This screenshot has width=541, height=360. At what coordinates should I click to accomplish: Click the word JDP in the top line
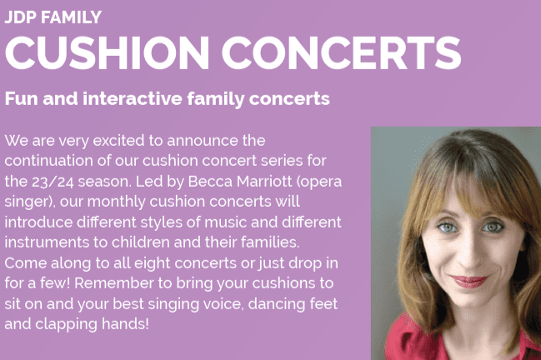20,17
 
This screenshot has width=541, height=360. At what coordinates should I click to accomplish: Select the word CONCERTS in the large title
341,52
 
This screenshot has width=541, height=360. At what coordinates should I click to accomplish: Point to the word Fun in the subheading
21,98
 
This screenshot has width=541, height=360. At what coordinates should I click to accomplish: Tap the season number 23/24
53,182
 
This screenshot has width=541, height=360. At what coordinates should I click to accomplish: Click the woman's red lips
469,281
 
